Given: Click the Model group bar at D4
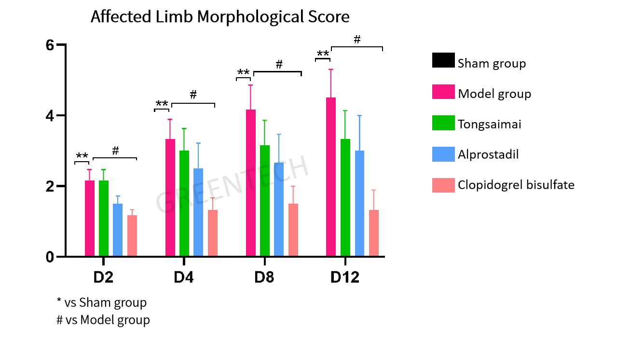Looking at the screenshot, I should pyautogui.click(x=170, y=198).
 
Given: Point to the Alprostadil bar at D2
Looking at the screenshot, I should pyautogui.click(x=118, y=230).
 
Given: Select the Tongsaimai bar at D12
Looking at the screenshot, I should pyautogui.click(x=345, y=198).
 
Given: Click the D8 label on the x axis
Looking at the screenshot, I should pyautogui.click(x=264, y=278).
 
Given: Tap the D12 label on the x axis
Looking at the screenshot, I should pyautogui.click(x=344, y=278).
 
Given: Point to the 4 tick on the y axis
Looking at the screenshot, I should pyautogui.click(x=50, y=116).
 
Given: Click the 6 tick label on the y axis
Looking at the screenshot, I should pyautogui.click(x=50, y=45).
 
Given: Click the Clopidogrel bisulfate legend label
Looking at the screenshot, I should pyautogui.click(x=516, y=185).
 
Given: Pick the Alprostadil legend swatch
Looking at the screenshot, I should pyautogui.click(x=443, y=153).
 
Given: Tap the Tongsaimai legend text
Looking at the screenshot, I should pyautogui.click(x=490, y=124).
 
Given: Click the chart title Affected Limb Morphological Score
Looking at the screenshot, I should pyautogui.click(x=220, y=17).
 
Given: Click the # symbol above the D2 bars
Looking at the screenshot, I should pyautogui.click(x=115, y=151).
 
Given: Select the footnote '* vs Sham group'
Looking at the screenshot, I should pyautogui.click(x=102, y=303).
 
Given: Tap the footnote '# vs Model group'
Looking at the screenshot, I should pyautogui.click(x=103, y=319).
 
